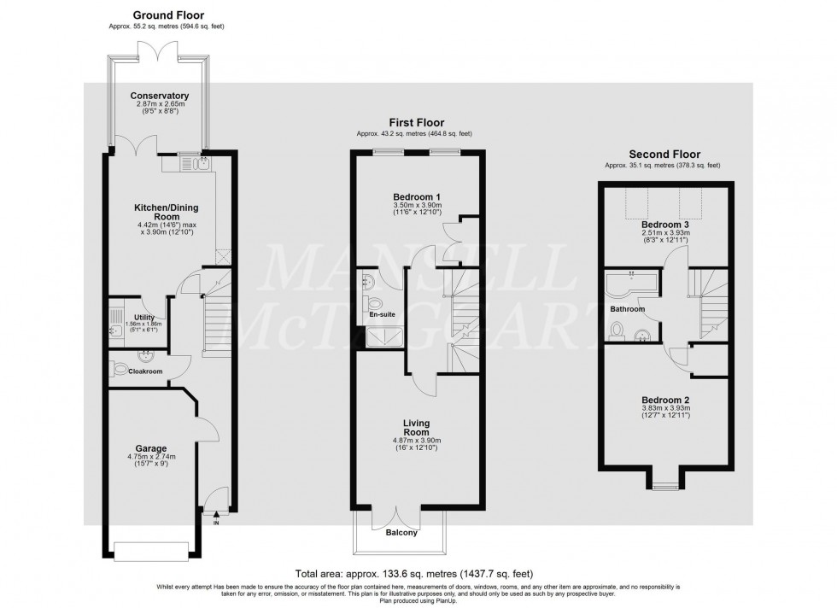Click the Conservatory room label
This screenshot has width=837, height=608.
[159, 96]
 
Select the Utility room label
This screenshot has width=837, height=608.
[144, 317]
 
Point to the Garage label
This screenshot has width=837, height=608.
[150, 447]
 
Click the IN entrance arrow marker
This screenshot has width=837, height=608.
[216, 515]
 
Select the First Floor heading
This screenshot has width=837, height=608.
[416, 123]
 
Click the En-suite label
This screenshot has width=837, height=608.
[381, 314]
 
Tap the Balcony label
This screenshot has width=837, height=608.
[400, 533]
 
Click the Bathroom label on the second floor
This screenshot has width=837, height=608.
[628, 309]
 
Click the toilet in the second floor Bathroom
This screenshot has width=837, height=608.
[617, 329]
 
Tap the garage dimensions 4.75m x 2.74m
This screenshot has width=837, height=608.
[150, 457]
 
